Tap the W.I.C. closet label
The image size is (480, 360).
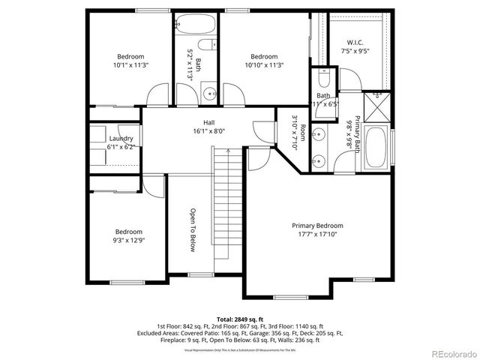click(355, 42)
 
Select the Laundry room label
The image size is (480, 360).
click(121, 139)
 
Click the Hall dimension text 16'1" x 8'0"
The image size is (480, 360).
click(208, 130)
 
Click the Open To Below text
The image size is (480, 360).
click(192, 229)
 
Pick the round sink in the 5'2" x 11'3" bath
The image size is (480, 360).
click(208, 94)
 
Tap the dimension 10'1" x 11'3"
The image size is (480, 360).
click(130, 65)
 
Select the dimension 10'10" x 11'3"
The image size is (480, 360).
click(264, 65)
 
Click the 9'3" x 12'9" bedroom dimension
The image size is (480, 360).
click(128, 241)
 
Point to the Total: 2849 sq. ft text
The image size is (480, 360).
click(240, 319)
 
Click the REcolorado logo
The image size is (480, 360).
click(450, 352)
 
